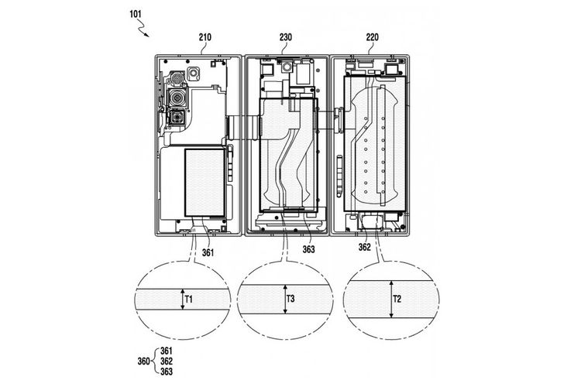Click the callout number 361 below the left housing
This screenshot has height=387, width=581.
[x=209, y=251]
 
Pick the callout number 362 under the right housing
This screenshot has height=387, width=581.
[x=366, y=248]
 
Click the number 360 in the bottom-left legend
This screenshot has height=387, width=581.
[x=143, y=361]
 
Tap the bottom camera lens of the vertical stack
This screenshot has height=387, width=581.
[x=177, y=118]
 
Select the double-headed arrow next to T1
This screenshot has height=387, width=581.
[x=181, y=298]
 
